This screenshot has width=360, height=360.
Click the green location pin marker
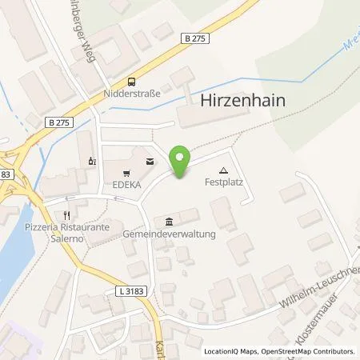pos(180,162)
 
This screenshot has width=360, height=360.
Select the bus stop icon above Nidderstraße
pos(131,81)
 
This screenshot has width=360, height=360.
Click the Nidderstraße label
pos(132,93)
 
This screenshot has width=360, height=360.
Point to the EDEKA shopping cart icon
pos(125,172)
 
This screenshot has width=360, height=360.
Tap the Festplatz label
pos(226,182)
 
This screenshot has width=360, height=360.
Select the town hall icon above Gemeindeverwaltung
pos(168,222)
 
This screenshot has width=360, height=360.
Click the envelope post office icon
pos(150,161)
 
